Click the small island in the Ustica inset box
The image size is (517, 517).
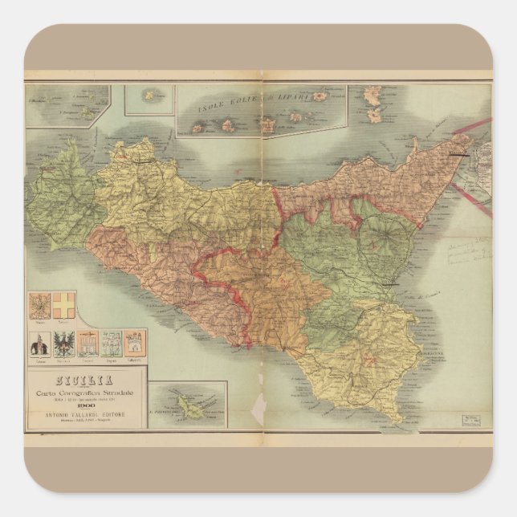point(149,96)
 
